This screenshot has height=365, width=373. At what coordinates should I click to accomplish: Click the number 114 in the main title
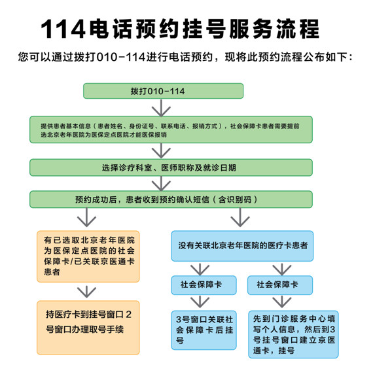[x=63, y=29]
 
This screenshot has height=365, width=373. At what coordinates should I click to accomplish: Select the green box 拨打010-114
[x=163, y=91]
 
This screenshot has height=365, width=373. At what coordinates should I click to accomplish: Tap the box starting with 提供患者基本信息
[x=171, y=130]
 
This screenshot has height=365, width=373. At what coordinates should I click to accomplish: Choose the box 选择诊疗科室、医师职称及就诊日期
[x=171, y=167]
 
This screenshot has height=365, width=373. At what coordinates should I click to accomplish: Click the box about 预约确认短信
[x=171, y=200]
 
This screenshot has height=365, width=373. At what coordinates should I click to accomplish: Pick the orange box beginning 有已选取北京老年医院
[x=88, y=256]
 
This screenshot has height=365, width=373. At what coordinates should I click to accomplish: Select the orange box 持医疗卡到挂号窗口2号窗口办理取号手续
[x=88, y=328]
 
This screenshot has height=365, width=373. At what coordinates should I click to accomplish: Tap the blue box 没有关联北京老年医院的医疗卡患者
[x=242, y=246]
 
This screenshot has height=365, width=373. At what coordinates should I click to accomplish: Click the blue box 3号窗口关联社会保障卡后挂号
[x=204, y=330]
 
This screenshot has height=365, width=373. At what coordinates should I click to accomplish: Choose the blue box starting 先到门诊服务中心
[x=293, y=334]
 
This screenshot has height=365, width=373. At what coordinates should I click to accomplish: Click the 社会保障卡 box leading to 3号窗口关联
[x=204, y=285]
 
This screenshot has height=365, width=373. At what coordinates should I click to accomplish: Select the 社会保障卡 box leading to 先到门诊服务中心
[x=280, y=285]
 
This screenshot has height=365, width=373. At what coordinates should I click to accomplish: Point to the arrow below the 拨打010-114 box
[x=161, y=108]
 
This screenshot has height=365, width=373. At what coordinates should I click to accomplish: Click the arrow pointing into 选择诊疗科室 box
[x=161, y=150]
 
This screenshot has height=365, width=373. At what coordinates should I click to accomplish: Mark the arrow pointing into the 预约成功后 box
[x=161, y=184]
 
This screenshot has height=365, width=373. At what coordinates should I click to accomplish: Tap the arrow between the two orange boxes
[x=86, y=292]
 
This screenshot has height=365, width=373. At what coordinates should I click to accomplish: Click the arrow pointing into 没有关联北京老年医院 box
[x=240, y=217]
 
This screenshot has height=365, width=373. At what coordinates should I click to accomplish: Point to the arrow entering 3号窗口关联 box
[x=200, y=302]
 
